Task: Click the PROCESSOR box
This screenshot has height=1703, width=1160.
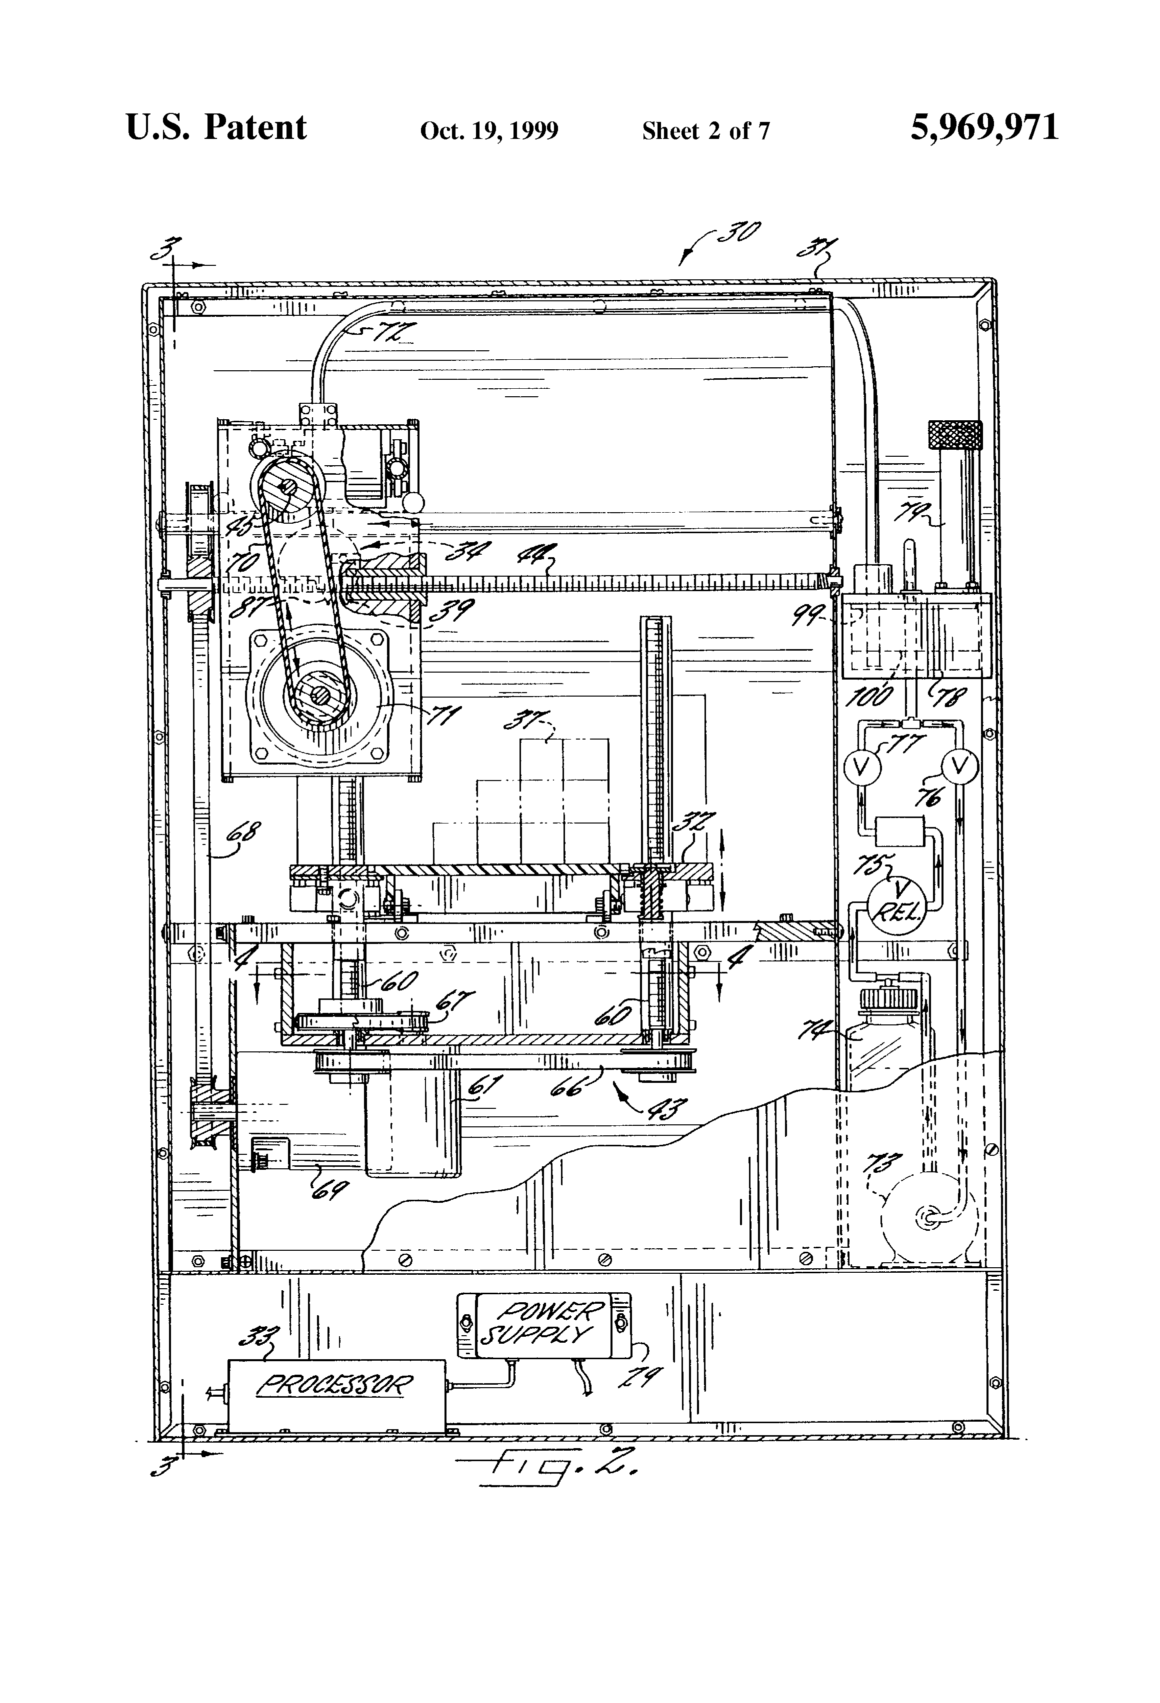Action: coord(336,1384)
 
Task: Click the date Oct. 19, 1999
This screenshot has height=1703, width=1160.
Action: coord(489,130)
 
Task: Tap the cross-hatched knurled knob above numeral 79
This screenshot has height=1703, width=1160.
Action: coord(954,435)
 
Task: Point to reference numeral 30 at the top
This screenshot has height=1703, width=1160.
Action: coord(738,233)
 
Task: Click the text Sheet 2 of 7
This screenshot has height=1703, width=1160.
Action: coord(705,130)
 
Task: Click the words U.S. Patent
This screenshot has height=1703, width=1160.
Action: coord(216,127)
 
